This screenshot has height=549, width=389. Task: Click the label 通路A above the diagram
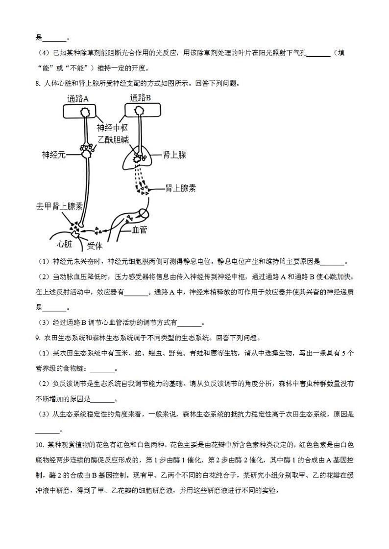(78, 98)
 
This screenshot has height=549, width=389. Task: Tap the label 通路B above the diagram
(141, 98)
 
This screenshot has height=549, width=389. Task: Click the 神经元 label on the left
(53, 155)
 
